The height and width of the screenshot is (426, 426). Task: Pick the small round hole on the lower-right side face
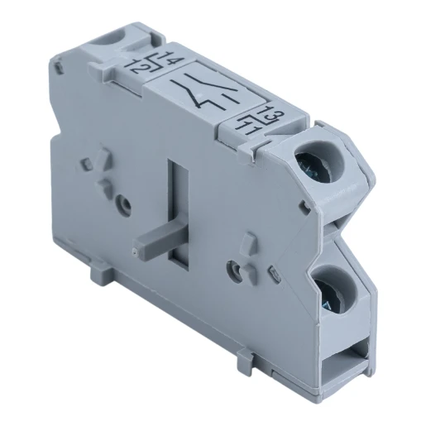(237, 268)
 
